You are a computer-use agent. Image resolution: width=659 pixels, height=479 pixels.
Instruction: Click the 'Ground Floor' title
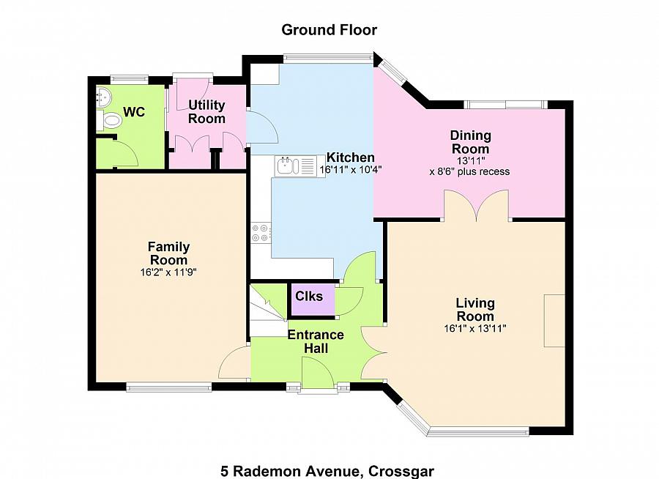point(329,30)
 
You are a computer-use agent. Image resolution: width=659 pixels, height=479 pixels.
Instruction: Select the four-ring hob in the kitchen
point(261,233)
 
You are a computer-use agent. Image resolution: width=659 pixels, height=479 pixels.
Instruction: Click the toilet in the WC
point(109,121)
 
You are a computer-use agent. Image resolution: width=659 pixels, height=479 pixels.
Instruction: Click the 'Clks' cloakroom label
point(309,296)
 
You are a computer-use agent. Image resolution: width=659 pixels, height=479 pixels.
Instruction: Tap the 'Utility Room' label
point(206,111)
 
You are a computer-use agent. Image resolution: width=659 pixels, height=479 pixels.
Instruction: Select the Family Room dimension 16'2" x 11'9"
point(168,272)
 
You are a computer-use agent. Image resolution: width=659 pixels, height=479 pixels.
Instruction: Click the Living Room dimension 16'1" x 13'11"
point(475,328)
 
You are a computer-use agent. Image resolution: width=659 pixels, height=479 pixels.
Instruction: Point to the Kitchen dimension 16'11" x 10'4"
point(350,170)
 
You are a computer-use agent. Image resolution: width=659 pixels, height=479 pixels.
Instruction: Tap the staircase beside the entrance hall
point(269,311)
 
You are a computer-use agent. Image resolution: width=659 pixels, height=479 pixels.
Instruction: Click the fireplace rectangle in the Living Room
point(554,321)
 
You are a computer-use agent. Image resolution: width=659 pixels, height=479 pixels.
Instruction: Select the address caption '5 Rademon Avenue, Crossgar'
point(327,471)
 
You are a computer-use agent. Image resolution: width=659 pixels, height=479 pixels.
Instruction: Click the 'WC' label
point(134,112)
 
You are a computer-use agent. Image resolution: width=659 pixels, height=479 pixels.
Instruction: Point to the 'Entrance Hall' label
point(316,341)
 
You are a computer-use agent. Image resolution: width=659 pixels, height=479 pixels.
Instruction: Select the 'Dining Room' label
point(470,142)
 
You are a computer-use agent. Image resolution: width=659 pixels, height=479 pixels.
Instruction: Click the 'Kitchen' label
point(350,157)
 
